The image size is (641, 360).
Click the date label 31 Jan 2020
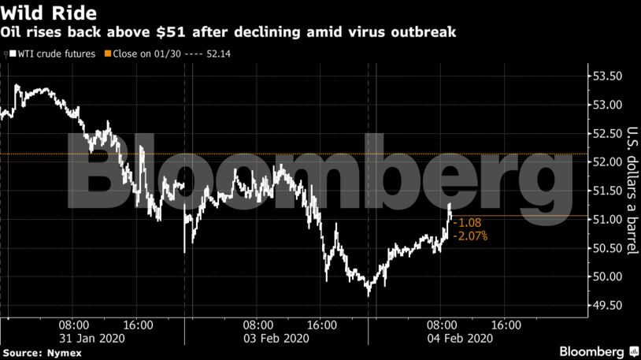click(92, 338)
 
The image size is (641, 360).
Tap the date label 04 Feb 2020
click(461, 338)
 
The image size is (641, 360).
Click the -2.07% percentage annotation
click(471, 235)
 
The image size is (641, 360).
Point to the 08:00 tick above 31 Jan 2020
click(73, 324)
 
